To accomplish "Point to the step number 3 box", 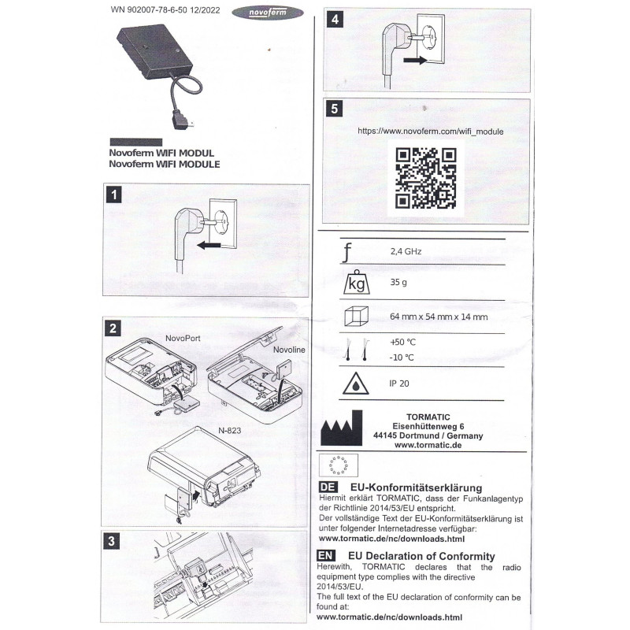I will click(114, 541).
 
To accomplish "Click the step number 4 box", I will click(337, 20).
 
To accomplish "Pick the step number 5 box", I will click(337, 109).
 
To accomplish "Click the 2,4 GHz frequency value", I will click(406, 252).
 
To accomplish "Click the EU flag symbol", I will click(336, 463).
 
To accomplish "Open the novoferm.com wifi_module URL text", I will click(430, 131).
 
